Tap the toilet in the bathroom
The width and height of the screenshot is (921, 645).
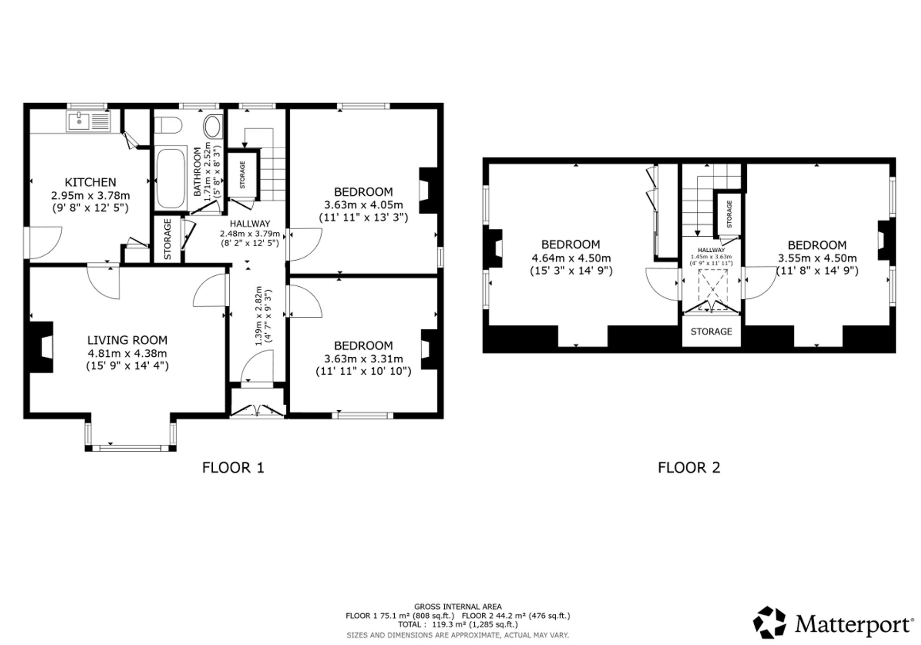tap(168, 124)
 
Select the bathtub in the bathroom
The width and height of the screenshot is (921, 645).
tap(171, 178)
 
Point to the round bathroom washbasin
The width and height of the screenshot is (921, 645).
tap(212, 127)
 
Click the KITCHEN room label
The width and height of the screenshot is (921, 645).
tap(90, 182)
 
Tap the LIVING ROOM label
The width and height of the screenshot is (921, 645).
tap(127, 340)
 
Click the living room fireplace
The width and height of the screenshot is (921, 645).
tap(41, 347)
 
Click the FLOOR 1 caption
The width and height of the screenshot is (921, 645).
tap(233, 468)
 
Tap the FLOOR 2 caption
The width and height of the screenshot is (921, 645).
tap(689, 468)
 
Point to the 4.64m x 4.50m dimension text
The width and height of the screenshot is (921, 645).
tap(571, 258)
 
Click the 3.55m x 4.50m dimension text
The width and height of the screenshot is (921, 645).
tap(817, 258)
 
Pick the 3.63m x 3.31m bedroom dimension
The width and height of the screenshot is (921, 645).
tap(363, 359)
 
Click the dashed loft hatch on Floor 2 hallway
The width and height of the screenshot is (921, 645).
tap(713, 290)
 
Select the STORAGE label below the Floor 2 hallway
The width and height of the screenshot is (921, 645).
tap(711, 331)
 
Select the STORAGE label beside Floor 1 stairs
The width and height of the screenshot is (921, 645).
tap(242, 174)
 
